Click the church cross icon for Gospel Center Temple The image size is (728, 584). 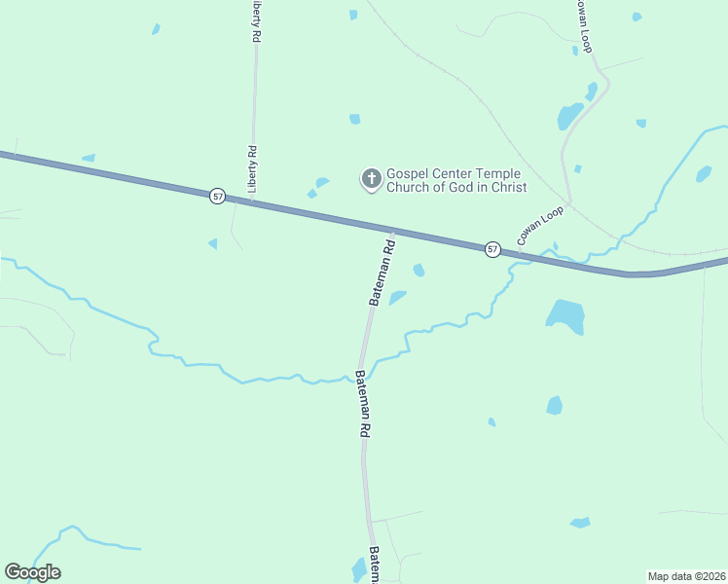click(x=371, y=179)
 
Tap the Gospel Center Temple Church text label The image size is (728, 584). click(x=456, y=180)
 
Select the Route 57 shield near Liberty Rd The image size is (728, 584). click(x=217, y=196)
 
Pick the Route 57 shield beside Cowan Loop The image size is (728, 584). click(x=492, y=249)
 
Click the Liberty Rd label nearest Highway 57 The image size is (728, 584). click(x=252, y=169)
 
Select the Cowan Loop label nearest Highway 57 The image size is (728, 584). click(x=540, y=226)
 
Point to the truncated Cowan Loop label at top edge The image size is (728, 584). click(x=582, y=25)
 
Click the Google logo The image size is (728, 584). click(x=32, y=572)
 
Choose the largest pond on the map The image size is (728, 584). click(x=565, y=315)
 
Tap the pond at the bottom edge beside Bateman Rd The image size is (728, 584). click(x=358, y=570)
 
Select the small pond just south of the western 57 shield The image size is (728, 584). click(x=213, y=243)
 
